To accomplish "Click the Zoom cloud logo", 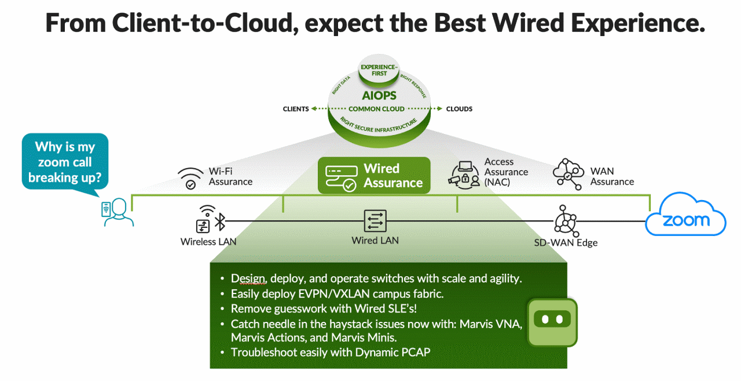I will [685, 217].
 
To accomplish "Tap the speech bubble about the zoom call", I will [65, 161].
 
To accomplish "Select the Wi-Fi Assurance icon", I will [190, 178].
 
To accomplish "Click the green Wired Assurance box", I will [374, 176].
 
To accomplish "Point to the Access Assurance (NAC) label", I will [506, 172].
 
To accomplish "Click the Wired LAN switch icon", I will [375, 221].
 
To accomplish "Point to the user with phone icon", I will [117, 212].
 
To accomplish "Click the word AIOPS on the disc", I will [379, 94].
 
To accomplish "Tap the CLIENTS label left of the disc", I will [295, 109].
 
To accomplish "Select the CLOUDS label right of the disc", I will [459, 109].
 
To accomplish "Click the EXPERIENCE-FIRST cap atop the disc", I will [379, 70].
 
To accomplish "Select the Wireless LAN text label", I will [208, 242].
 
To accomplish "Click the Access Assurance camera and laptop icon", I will [463, 173].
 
